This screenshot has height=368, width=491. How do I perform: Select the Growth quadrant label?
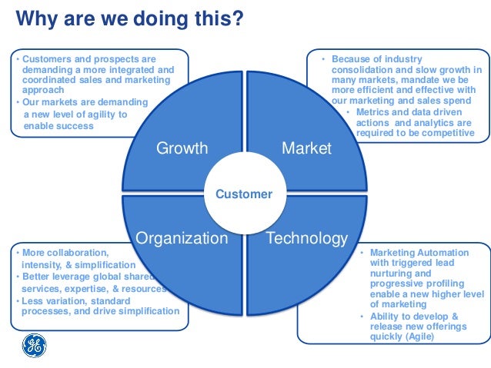tap(182, 148)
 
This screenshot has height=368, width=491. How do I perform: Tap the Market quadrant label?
tap(306, 148)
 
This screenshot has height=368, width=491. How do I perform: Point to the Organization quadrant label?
tap(182, 238)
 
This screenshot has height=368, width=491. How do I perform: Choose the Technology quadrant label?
tap(306, 238)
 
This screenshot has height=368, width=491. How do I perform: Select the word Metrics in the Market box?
tap(375, 111)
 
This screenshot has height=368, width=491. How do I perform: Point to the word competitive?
tap(446, 132)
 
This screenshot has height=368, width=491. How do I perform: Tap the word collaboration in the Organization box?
tap(75, 252)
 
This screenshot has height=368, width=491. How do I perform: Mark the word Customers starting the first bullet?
tap(46, 58)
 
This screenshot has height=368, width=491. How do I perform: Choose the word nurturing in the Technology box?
tap(392, 273)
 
